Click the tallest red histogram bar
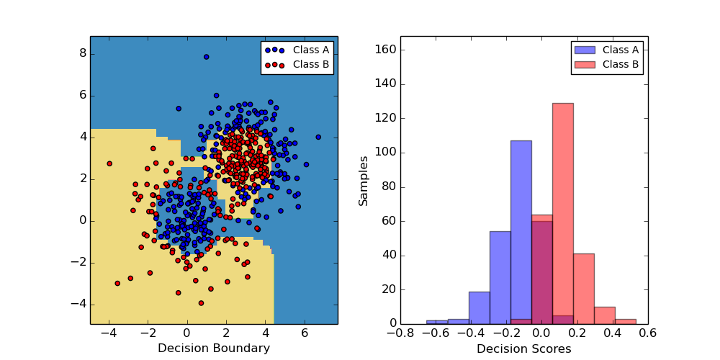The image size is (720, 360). [x=563, y=213]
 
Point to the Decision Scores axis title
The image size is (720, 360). [x=523, y=348]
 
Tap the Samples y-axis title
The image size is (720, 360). [x=364, y=181]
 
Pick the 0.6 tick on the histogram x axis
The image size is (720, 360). [x=647, y=333]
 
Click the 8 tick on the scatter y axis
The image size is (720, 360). [x=83, y=53]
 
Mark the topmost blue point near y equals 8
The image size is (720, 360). [x=206, y=57]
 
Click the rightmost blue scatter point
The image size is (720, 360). [x=318, y=137]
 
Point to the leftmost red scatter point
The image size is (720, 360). [x=109, y=163]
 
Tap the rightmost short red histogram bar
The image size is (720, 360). [x=626, y=321]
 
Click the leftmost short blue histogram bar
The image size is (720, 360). [x=437, y=322]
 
